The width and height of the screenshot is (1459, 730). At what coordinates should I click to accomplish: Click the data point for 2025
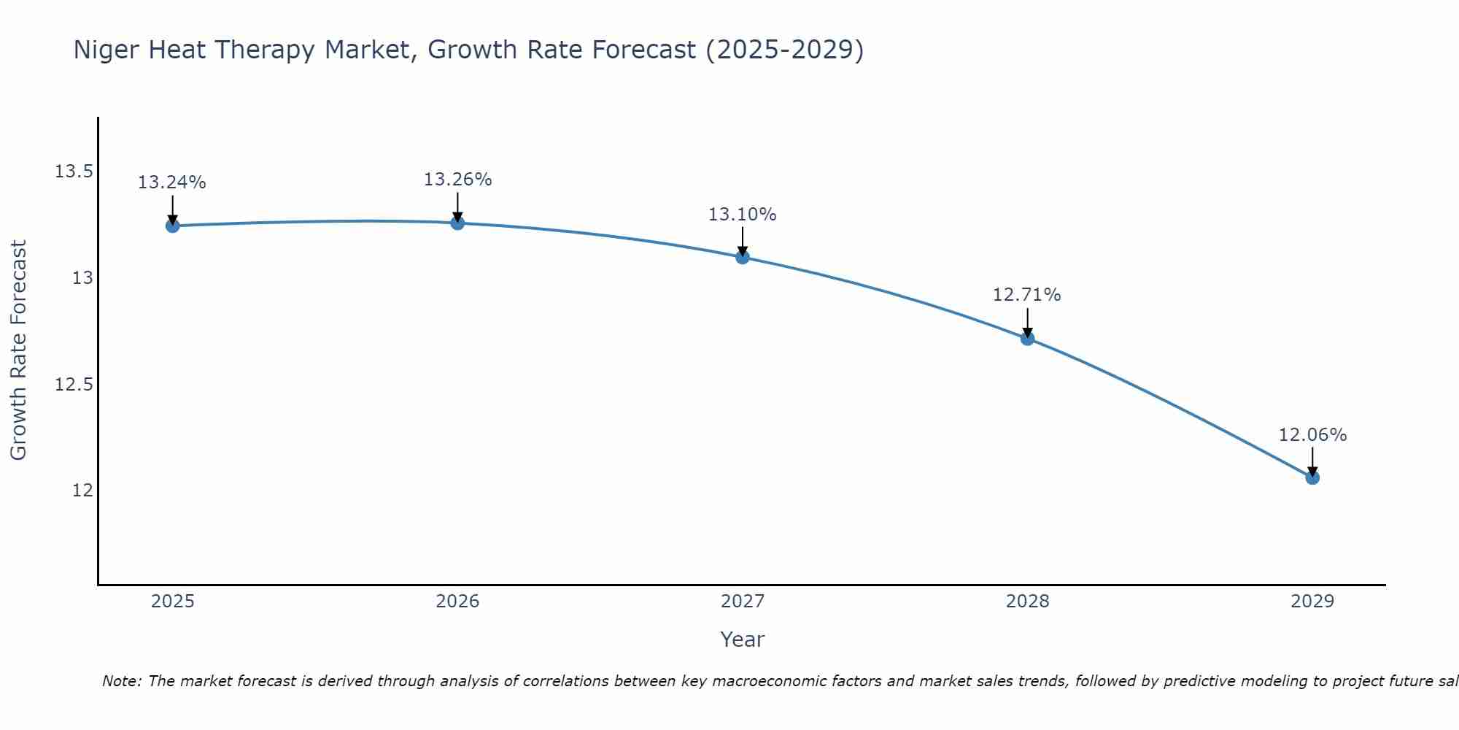click(x=172, y=226)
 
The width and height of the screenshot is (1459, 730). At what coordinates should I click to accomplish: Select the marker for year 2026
click(x=457, y=223)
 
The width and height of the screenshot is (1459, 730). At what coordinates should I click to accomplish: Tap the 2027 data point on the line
click(x=743, y=257)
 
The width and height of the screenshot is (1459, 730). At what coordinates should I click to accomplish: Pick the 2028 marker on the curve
click(x=1027, y=338)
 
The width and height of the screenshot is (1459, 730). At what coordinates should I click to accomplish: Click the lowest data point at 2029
click(x=1312, y=477)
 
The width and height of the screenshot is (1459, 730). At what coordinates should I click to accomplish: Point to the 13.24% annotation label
click(x=172, y=182)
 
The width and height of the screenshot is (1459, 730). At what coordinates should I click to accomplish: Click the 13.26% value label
click(x=457, y=180)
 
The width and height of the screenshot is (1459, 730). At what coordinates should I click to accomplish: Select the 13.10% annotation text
click(x=743, y=215)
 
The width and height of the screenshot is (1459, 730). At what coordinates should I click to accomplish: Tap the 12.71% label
click(x=1027, y=295)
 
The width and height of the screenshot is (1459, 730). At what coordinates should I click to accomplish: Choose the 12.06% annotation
click(x=1312, y=435)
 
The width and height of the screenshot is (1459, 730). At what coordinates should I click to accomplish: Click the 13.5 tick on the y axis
click(x=74, y=172)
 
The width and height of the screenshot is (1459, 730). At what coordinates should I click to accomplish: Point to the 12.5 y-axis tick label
click(x=74, y=384)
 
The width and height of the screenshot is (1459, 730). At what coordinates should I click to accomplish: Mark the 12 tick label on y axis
click(x=82, y=490)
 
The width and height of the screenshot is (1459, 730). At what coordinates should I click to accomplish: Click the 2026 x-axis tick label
click(x=457, y=602)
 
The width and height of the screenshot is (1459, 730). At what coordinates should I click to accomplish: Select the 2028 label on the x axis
click(x=1027, y=602)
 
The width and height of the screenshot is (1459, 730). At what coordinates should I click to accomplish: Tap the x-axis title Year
click(x=742, y=639)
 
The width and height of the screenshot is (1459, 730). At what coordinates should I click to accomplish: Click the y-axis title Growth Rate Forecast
click(x=18, y=350)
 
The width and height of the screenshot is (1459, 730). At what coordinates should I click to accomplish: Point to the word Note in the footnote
click(x=121, y=681)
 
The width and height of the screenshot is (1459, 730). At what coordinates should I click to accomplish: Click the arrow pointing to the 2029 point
click(x=1312, y=461)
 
